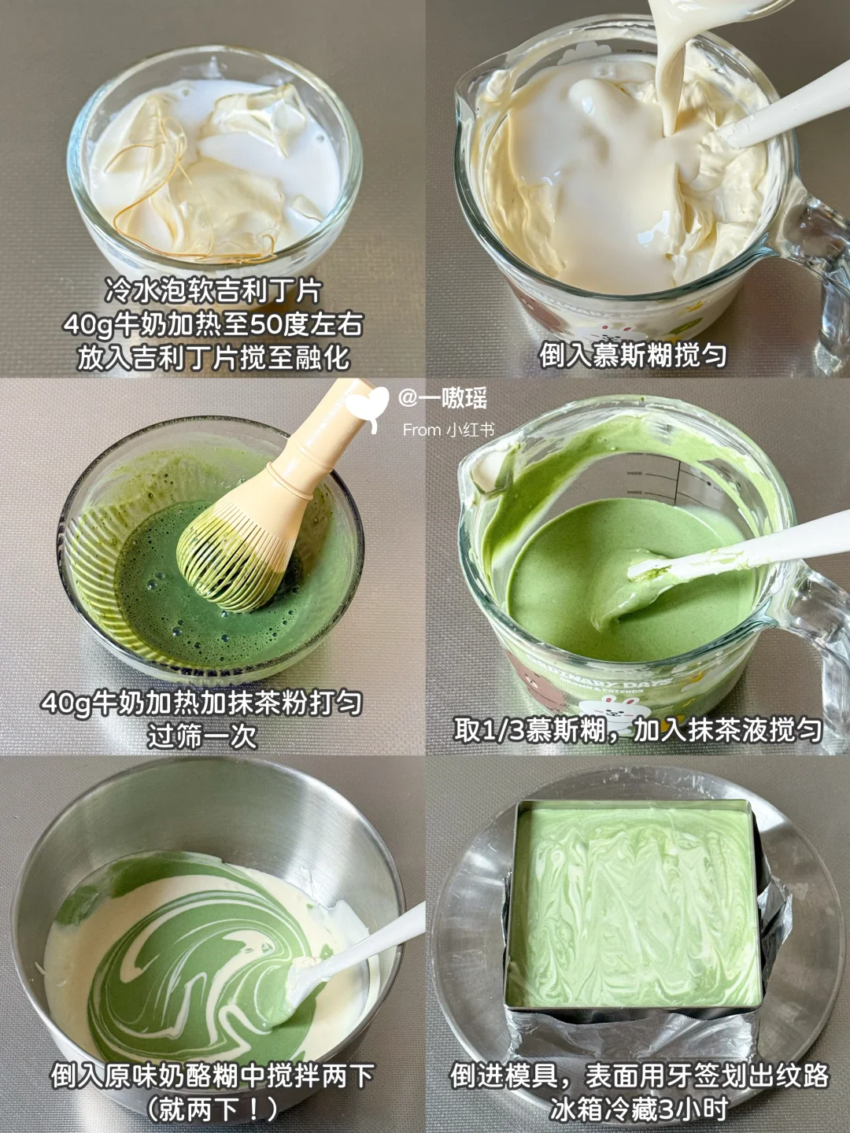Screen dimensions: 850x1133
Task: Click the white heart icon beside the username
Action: click(x=368, y=406)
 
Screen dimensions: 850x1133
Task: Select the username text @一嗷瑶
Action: click(x=443, y=399)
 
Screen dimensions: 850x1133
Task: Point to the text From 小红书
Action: click(x=449, y=430)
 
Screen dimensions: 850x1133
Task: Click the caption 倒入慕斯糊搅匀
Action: click(x=634, y=356)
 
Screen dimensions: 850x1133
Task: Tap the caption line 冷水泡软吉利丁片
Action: click(x=213, y=292)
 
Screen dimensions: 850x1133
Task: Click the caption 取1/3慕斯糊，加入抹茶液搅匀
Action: click(x=637, y=730)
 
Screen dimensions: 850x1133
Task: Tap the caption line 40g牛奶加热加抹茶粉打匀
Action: click(x=202, y=703)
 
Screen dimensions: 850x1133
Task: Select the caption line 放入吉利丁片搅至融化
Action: click(x=213, y=356)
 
